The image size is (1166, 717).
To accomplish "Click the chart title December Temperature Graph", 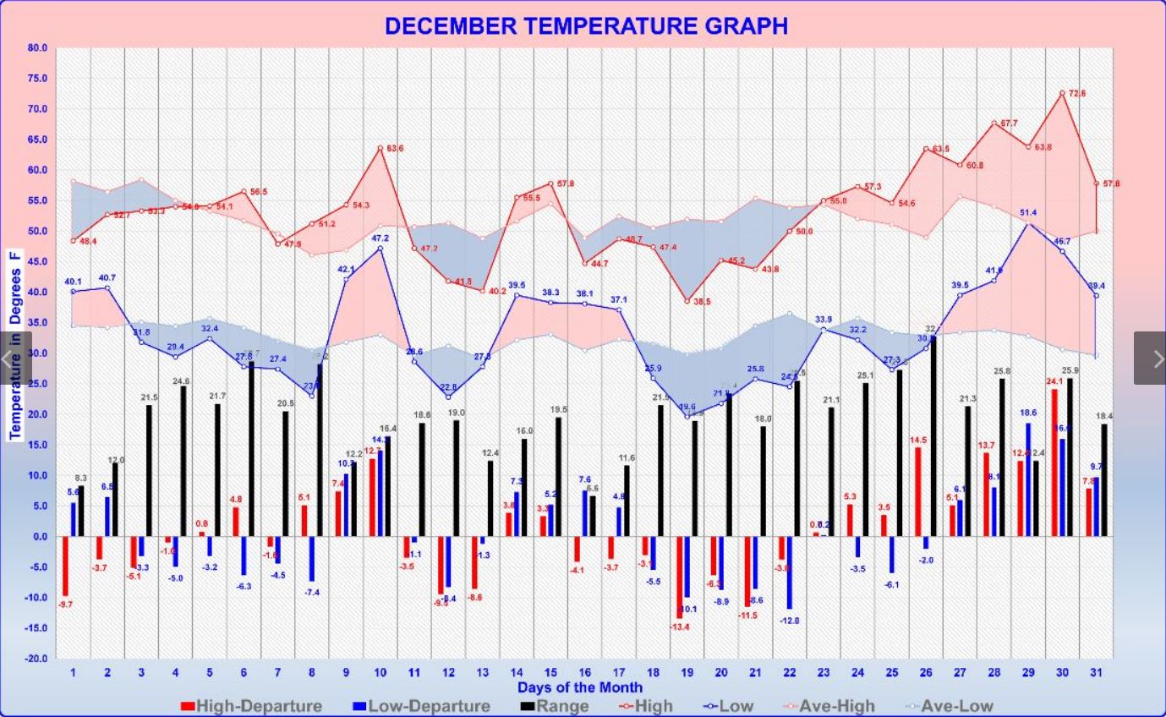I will tap(586, 26).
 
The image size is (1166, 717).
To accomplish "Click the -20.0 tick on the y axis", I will tap(36, 658).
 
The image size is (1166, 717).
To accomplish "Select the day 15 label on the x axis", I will tap(550, 672).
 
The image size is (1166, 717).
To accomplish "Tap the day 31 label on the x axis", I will tap(1097, 672).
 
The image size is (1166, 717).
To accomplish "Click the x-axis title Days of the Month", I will tap(580, 687).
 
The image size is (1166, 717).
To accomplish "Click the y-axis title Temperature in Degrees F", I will tap(15, 344).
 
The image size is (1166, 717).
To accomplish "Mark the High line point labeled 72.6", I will tap(1062, 93).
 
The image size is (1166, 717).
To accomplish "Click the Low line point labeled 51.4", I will tap(1028, 222).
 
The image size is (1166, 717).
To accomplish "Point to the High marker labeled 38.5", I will tap(687, 301).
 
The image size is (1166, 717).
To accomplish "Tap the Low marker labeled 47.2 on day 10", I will tap(380, 249).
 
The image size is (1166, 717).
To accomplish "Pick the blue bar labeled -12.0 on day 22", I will tap(790, 572).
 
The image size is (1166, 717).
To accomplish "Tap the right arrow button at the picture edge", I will tap(1150, 358).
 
